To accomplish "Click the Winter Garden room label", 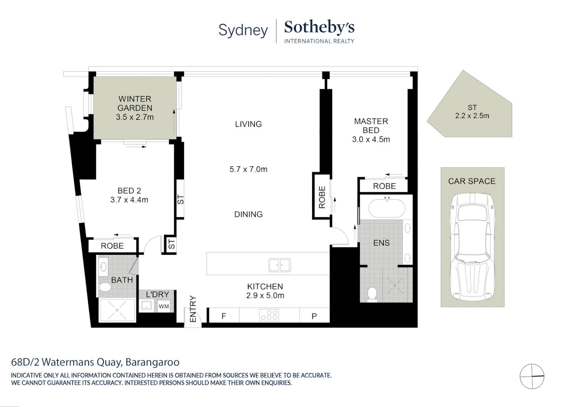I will [135, 103].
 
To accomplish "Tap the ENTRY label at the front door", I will [193, 309].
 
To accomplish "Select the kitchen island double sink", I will [279, 265].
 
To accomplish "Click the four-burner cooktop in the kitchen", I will [269, 315].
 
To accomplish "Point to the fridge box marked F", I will [224, 316].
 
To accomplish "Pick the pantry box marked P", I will [314, 316].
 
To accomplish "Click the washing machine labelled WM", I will [164, 306].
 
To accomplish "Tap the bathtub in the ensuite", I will [386, 208].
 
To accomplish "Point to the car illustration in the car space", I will [472, 245].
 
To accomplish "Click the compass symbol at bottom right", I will [532, 376].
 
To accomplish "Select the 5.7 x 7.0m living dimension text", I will [248, 169].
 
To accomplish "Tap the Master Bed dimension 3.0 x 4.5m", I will [371, 139].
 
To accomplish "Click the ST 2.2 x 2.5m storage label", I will [472, 112].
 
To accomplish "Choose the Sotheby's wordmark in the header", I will [319, 27].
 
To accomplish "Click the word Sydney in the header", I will [243, 30].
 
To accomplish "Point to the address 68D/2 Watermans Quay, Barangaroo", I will [95, 362].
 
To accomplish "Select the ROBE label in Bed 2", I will [112, 246].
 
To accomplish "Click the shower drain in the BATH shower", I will [117, 310].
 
